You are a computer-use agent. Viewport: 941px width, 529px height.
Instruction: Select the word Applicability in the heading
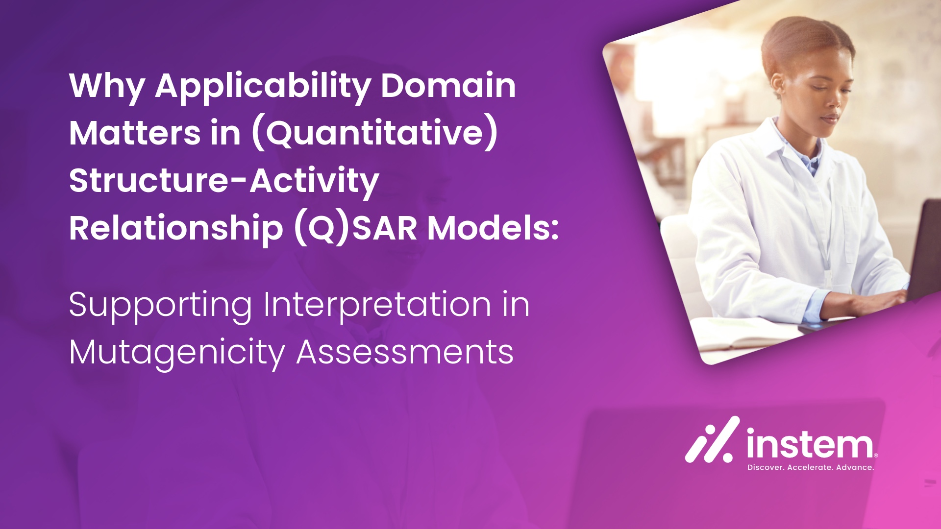click(x=263, y=87)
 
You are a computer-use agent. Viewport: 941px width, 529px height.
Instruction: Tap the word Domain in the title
click(x=448, y=85)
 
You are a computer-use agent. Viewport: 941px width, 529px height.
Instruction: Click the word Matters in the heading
click(x=135, y=133)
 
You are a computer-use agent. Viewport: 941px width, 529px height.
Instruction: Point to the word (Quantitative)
click(x=374, y=133)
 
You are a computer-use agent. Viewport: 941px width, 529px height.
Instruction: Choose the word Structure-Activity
click(x=224, y=181)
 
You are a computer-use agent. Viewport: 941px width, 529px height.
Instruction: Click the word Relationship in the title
click(x=176, y=228)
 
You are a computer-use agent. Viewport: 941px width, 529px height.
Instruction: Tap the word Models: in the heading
click(x=493, y=228)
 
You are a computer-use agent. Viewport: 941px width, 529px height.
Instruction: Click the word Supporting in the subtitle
click(x=160, y=306)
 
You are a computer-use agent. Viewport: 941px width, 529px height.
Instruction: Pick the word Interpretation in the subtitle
click(x=377, y=306)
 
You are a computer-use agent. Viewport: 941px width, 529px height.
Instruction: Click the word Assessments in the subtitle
click(x=405, y=352)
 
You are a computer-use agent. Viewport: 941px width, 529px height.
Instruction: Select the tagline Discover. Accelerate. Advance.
click(x=810, y=468)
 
